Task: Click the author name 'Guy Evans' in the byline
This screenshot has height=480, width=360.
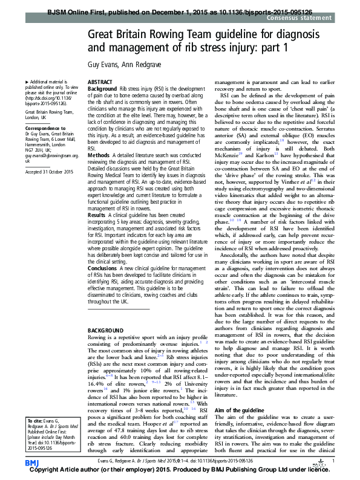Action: (101, 63)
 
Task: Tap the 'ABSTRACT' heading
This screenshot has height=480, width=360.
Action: (99, 82)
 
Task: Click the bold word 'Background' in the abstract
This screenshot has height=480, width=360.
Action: (102, 89)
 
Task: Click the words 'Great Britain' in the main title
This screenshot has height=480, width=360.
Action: (114, 34)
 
